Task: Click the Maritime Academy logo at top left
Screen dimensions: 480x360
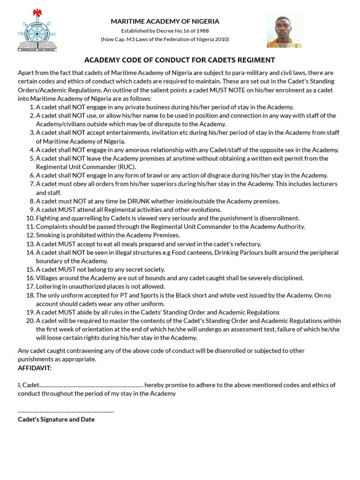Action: point(36,30)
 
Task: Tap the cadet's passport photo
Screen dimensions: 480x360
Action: point(285,30)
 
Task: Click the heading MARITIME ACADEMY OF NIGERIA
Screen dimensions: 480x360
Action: point(165,21)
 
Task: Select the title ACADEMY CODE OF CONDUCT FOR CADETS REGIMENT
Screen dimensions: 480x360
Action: point(179,60)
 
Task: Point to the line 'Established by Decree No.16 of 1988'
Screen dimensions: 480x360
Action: point(165,30)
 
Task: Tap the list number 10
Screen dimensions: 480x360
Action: point(30,218)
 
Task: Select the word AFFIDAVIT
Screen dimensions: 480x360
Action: point(34,367)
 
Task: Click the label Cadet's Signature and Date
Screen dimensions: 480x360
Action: point(56,419)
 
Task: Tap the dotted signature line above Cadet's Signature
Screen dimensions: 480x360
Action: point(66,411)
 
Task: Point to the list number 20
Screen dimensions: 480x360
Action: point(30,321)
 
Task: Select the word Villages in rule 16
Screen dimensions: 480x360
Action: point(48,278)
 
